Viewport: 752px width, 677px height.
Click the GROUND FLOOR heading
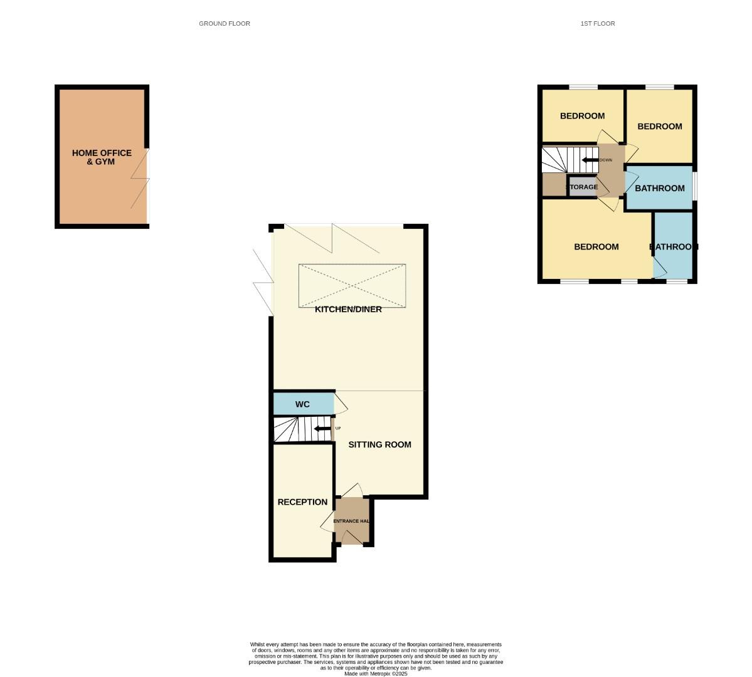click(225, 24)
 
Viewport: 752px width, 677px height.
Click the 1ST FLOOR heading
click(598, 24)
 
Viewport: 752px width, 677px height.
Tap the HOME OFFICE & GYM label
click(102, 157)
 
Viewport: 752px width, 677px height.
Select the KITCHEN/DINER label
click(348, 309)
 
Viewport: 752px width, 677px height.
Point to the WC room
click(303, 404)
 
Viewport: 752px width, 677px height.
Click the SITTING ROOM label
click(379, 444)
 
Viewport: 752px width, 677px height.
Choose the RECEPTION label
click(302, 502)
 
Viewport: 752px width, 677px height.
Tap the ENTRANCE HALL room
click(351, 521)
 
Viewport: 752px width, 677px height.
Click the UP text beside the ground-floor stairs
click(338, 428)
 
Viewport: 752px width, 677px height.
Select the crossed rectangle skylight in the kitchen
click(352, 286)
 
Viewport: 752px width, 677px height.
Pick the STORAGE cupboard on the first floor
click(583, 187)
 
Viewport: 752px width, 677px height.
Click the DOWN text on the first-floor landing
click(606, 160)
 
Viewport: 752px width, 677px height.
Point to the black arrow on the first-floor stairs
click(590, 160)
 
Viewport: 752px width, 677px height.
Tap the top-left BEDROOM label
click(582, 116)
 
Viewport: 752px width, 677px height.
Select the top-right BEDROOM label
click(659, 127)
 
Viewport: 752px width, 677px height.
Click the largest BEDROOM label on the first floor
click(596, 247)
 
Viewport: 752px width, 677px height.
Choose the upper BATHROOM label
click(659, 189)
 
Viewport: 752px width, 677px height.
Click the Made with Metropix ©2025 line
click(376, 674)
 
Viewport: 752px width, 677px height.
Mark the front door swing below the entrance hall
click(352, 537)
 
